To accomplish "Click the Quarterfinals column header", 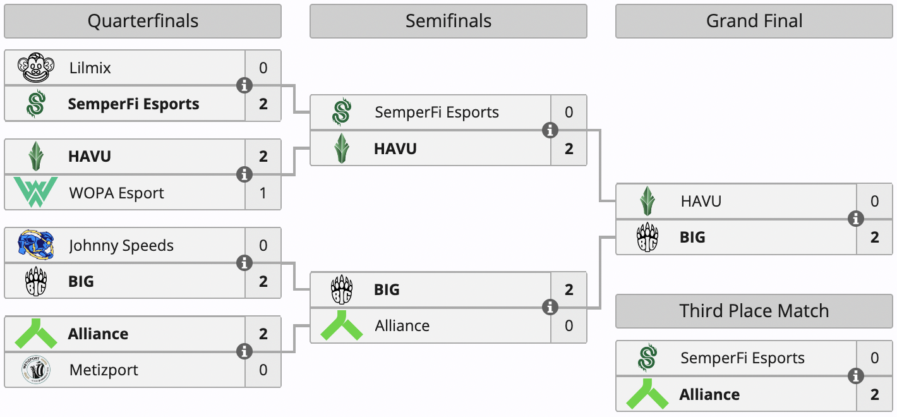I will (x=143, y=21).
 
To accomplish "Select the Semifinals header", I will (x=448, y=21).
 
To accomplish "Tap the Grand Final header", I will (x=754, y=21).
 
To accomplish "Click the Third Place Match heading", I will (x=754, y=311).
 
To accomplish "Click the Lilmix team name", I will (x=90, y=68).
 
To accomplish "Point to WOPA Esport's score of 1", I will (x=263, y=193).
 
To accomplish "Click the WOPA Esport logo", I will (x=35, y=193).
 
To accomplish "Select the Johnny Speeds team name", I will (x=121, y=246).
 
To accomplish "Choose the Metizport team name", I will (x=104, y=370).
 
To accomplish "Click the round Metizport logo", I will (x=35, y=370).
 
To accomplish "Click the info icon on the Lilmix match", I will (x=244, y=85).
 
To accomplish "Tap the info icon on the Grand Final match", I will (x=856, y=219).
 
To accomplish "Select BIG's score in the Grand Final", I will (x=875, y=238).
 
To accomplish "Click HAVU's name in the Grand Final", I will (x=701, y=202).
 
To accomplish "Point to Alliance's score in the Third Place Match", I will (x=875, y=395).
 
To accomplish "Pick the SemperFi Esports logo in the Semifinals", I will (x=342, y=112).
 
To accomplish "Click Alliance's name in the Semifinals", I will (x=402, y=326).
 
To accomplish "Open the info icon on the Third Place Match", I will (x=856, y=377).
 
